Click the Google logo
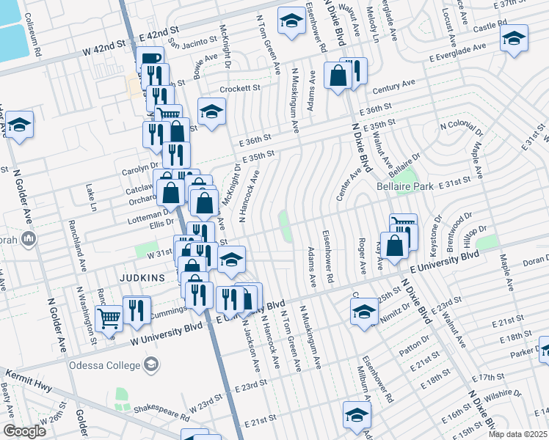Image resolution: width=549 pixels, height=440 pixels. coord(24,431)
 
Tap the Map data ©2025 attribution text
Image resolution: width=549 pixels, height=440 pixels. coord(517,434)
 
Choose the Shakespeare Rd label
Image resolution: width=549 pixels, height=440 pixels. coord(142,410)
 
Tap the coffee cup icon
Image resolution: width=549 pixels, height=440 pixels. coord(150,59)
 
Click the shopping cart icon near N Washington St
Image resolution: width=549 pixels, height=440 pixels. coord(109,320)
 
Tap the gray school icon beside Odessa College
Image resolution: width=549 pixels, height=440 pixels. coord(150,364)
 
